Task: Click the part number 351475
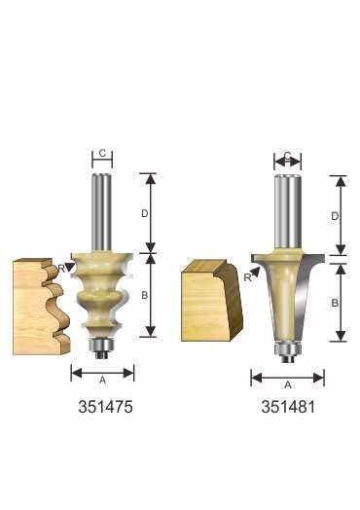point(105,407)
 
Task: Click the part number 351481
point(288,407)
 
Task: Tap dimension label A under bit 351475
point(102,380)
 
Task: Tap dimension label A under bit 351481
point(288,385)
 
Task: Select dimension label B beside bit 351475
point(145,295)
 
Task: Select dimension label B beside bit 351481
point(335,303)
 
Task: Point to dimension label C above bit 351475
point(102,153)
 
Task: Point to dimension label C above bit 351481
point(287,156)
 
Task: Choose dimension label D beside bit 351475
point(145,214)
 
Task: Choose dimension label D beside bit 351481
point(335,216)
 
